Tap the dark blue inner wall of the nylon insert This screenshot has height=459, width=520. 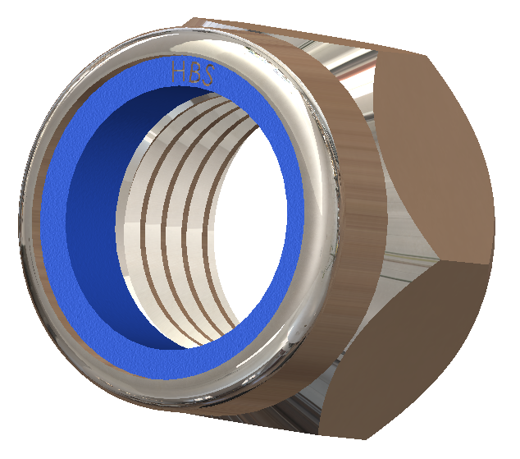[x=90, y=205]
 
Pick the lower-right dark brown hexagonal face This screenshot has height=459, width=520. [x=435, y=345]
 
